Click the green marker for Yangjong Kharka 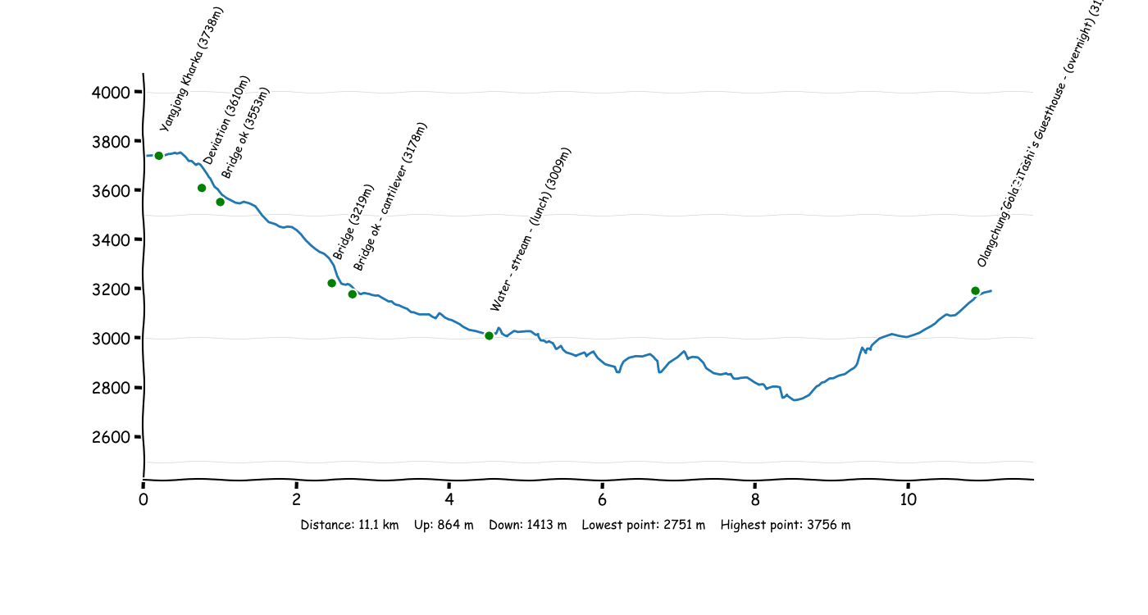click(x=158, y=156)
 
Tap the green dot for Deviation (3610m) click(x=202, y=188)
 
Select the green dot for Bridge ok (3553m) click(x=220, y=202)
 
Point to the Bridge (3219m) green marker click(x=331, y=283)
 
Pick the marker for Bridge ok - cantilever click(x=352, y=294)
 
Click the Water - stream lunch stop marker click(x=489, y=335)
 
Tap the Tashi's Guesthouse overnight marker click(x=975, y=290)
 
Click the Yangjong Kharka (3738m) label click(x=191, y=70)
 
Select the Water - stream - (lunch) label click(x=530, y=230)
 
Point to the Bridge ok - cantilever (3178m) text click(x=390, y=197)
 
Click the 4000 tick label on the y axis click(x=111, y=93)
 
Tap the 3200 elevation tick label click(x=111, y=289)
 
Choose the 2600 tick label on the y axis click(x=111, y=437)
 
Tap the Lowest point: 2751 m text click(x=643, y=526)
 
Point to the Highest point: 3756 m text click(x=785, y=526)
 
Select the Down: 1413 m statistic click(x=527, y=526)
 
